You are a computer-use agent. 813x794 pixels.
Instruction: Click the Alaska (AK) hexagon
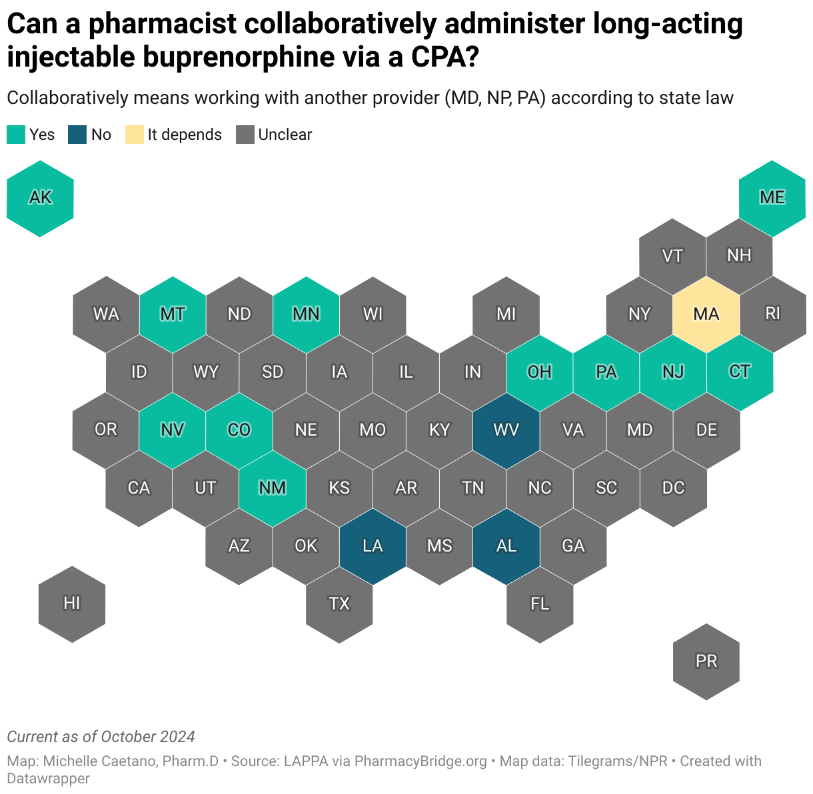pyautogui.click(x=40, y=198)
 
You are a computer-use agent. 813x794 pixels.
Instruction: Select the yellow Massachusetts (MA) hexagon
pyautogui.click(x=706, y=314)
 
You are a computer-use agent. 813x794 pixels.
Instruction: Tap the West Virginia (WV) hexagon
pyautogui.click(x=506, y=430)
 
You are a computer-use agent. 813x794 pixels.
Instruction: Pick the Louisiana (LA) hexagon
pyautogui.click(x=373, y=546)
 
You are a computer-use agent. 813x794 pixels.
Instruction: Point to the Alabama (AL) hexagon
pyautogui.click(x=506, y=546)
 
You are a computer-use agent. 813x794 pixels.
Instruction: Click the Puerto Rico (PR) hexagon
pyautogui.click(x=706, y=661)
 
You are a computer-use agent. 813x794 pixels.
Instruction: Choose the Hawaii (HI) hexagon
pyautogui.click(x=72, y=603)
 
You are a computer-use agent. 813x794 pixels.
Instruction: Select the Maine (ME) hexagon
pyautogui.click(x=772, y=198)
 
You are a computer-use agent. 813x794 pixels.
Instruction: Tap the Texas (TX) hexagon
pyautogui.click(x=339, y=603)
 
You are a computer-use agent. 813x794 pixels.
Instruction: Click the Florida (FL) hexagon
pyautogui.click(x=539, y=603)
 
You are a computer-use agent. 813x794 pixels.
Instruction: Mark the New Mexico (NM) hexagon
pyautogui.click(x=273, y=488)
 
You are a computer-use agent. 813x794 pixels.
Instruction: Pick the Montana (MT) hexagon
pyautogui.click(x=173, y=314)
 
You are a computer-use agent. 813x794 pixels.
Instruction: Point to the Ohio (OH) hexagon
pyautogui.click(x=539, y=372)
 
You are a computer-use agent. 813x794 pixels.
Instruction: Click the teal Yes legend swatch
pyautogui.click(x=16, y=135)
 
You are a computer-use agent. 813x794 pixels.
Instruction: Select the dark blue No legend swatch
pyautogui.click(x=77, y=135)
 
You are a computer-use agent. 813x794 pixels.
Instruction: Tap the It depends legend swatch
pyautogui.click(x=134, y=135)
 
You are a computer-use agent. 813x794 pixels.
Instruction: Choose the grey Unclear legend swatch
pyautogui.click(x=245, y=135)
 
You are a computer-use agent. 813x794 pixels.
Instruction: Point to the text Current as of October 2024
pyautogui.click(x=101, y=737)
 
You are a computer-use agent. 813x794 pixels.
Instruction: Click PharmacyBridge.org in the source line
pyautogui.click(x=420, y=761)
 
